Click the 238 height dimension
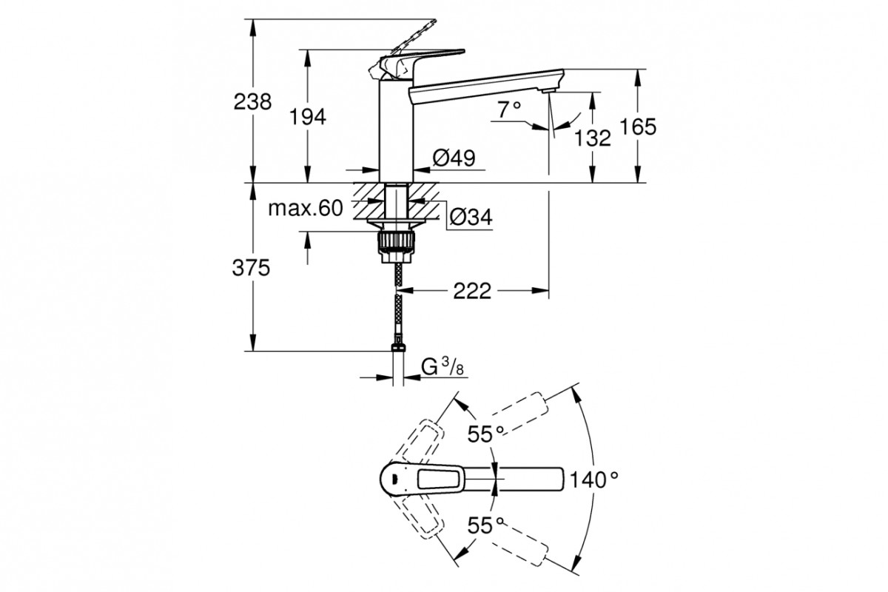252,102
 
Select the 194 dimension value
308,117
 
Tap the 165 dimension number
638,127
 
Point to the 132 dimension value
593,138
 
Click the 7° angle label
509,110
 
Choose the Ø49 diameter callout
454,158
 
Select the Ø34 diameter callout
471,218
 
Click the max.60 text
305,208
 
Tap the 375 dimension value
251,268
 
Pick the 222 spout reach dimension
472,292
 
